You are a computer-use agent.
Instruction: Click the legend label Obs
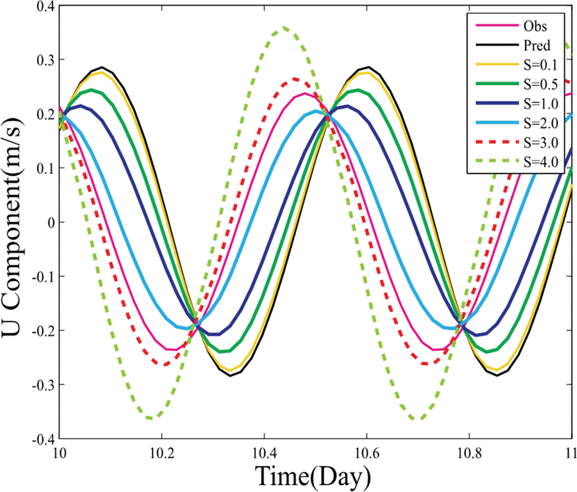(x=535, y=26)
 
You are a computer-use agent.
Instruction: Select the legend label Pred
(x=537, y=45)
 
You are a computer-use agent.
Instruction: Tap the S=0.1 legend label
(x=541, y=65)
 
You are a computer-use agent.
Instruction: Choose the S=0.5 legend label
(x=541, y=84)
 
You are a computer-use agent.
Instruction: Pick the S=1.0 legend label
(x=541, y=104)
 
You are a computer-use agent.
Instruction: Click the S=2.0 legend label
(x=541, y=123)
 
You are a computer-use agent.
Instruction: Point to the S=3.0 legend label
(x=541, y=143)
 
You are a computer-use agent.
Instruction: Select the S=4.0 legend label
(x=541, y=162)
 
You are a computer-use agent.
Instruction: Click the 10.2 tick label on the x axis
(x=162, y=453)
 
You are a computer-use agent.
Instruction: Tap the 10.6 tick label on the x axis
(x=366, y=453)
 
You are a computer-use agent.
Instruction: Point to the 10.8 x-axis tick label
(x=469, y=453)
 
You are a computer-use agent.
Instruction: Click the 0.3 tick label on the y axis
(x=46, y=60)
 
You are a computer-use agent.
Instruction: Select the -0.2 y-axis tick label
(x=43, y=331)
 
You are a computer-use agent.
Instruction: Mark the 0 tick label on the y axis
(x=51, y=223)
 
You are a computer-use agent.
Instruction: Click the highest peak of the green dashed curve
(x=283, y=28)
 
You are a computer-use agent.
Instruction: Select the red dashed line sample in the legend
(x=497, y=142)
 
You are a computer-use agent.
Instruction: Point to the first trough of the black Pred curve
(x=230, y=375)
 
